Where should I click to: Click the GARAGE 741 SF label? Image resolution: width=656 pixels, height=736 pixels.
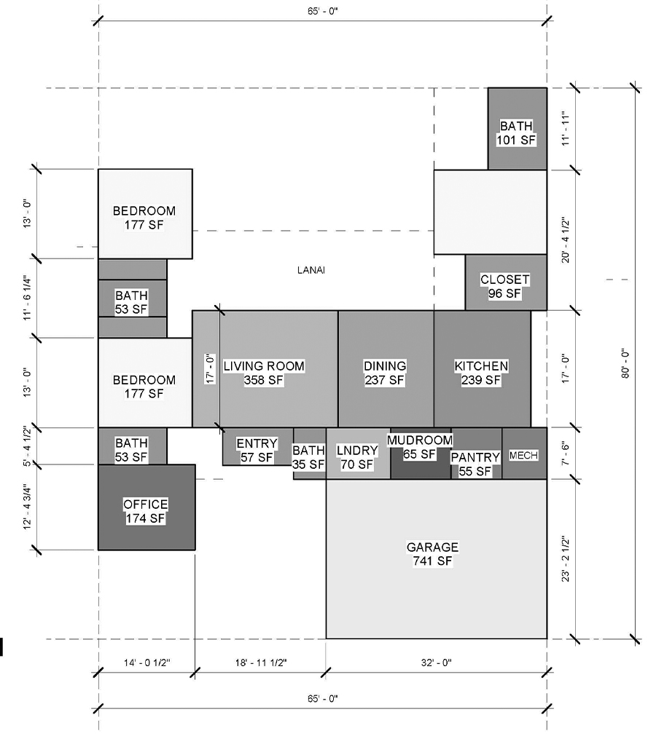click(x=432, y=554)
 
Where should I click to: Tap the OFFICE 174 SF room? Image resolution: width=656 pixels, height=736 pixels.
click(x=147, y=507)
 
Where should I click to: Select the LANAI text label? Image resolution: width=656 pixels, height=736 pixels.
click(x=311, y=270)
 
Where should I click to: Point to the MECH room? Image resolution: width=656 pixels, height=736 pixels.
click(x=524, y=454)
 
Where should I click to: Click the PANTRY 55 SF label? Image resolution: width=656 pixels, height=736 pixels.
click(x=475, y=464)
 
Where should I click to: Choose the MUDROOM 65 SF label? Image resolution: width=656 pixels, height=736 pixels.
click(x=420, y=447)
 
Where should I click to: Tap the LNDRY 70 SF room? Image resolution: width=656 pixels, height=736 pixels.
click(x=358, y=454)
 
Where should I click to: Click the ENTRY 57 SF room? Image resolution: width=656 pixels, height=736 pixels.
click(x=258, y=446)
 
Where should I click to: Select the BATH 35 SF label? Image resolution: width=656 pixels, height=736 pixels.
click(x=308, y=458)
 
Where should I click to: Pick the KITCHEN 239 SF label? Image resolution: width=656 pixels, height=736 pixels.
click(x=481, y=373)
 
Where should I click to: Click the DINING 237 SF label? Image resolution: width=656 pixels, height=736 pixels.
click(x=385, y=373)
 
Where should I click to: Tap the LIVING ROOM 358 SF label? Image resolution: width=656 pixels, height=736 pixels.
click(x=264, y=373)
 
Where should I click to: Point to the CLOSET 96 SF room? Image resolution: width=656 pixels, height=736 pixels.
click(x=506, y=282)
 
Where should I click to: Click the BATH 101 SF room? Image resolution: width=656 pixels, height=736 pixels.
click(x=518, y=129)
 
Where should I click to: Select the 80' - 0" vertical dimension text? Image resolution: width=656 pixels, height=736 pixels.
click(x=625, y=363)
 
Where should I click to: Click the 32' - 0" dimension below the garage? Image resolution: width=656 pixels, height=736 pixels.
click(x=436, y=662)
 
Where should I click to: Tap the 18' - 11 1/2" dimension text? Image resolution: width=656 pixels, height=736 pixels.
click(x=261, y=662)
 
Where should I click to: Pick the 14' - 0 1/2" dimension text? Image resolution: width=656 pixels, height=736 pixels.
click(x=147, y=662)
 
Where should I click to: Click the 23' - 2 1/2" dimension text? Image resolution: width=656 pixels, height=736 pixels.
click(x=566, y=559)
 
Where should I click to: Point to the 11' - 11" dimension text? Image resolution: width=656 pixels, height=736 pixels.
click(x=566, y=129)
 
